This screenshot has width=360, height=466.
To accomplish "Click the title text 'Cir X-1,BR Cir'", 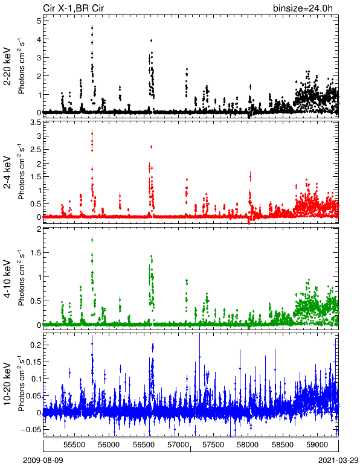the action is pyautogui.click(x=74, y=8).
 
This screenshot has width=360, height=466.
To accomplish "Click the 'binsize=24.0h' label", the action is pyautogui.click(x=303, y=8).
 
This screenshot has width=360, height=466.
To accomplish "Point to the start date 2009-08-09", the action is pyautogui.click(x=43, y=461).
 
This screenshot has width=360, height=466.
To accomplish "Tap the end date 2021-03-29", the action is pyautogui.click(x=338, y=461).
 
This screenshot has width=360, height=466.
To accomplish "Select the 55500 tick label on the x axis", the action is pyautogui.click(x=74, y=445).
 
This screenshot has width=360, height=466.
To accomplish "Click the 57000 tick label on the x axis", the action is pyautogui.click(x=178, y=445).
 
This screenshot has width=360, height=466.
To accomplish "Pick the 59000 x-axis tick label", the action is pyautogui.click(x=317, y=445).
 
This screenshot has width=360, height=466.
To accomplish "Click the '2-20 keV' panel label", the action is pyautogui.click(x=7, y=66).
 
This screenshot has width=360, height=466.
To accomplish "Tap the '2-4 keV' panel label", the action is pyautogui.click(x=7, y=173).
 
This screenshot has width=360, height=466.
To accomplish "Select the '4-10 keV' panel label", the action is pyautogui.click(x=7, y=279).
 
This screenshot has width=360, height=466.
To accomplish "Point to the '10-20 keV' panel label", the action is pyautogui.click(x=7, y=384).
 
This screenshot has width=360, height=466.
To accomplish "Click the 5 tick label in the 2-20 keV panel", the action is pyautogui.click(x=39, y=21).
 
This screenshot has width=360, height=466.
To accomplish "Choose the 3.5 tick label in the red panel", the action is pyautogui.click(x=36, y=123).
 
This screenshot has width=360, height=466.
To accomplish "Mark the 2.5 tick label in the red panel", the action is pyautogui.click(x=36, y=150).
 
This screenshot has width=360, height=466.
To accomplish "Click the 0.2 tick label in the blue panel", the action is pyautogui.click(x=36, y=345).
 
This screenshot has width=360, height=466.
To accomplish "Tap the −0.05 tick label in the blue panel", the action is pyautogui.click(x=31, y=429).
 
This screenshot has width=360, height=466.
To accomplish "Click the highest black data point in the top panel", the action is pyautogui.click(x=92, y=28).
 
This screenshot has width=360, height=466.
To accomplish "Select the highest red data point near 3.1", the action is pyautogui.click(x=92, y=133).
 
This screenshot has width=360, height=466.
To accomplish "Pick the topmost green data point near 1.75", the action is pyautogui.click(x=92, y=240).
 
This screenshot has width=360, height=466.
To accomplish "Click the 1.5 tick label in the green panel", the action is pyautogui.click(x=36, y=252).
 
